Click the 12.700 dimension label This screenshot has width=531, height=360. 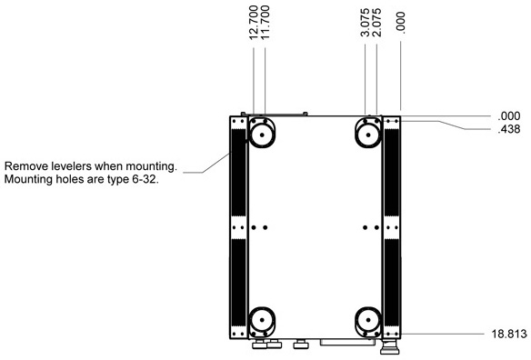coord(254,23)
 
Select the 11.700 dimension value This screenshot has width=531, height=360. coord(265,23)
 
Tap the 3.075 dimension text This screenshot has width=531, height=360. coord(366,23)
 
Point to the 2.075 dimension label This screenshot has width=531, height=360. coord(376,23)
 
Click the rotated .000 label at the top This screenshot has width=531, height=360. coord(401,23)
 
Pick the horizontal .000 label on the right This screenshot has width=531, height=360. coord(509,116)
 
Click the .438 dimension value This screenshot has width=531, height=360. coord(509,129)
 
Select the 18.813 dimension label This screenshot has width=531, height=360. coord(509,334)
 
